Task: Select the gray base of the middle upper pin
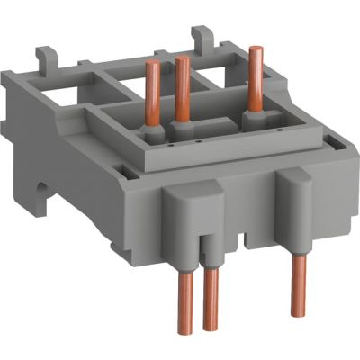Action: (x=184, y=132)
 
